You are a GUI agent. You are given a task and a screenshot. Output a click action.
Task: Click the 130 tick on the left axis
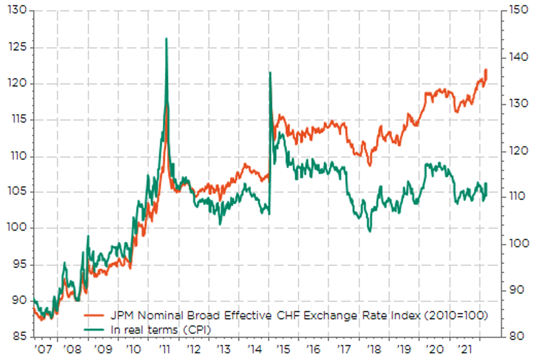click(x=17, y=10)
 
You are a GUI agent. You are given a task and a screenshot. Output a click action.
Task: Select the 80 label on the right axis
click(x=517, y=336)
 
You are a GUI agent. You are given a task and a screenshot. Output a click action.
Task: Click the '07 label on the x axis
click(x=43, y=349)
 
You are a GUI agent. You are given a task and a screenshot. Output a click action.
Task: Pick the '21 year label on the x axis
click(x=465, y=349)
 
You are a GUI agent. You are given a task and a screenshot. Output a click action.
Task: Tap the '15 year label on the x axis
click(x=283, y=349)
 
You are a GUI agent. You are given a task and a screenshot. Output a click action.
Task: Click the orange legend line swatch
click(x=94, y=316)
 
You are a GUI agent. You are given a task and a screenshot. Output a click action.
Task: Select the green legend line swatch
click(x=94, y=330)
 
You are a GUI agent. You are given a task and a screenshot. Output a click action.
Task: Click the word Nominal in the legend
click(x=160, y=315)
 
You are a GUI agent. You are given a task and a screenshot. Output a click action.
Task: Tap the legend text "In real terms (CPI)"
click(x=161, y=330)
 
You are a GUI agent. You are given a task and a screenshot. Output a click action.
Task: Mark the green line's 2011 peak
click(x=167, y=38)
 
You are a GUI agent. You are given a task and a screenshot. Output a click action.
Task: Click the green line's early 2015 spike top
click(x=270, y=73)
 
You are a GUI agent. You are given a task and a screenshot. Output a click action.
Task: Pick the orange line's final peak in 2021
click(x=486, y=70)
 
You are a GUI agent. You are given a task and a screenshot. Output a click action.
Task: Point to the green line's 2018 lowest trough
click(x=370, y=231)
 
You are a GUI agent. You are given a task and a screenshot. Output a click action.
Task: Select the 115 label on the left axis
click(x=19, y=119)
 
